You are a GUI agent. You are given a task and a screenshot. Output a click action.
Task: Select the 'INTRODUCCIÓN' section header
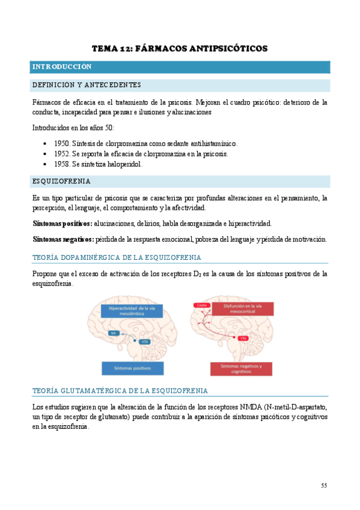[x=62, y=67]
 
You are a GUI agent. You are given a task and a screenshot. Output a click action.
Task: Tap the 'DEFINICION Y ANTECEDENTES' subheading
[x=87, y=85]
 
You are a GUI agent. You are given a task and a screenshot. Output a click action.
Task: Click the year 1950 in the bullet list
[x=62, y=144]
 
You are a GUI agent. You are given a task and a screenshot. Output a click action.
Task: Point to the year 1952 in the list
[x=62, y=153]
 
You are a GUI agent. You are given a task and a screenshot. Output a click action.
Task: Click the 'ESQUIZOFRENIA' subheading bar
[x=61, y=181]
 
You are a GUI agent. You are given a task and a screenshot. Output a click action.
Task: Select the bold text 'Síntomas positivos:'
[x=63, y=223]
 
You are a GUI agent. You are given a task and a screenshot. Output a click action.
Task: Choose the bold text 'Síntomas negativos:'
[x=63, y=239]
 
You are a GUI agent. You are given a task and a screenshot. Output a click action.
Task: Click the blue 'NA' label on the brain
[x=112, y=333]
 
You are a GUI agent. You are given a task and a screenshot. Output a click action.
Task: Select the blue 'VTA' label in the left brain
[x=144, y=342]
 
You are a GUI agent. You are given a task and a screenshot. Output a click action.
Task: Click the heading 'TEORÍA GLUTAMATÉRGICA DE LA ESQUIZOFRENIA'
[x=120, y=390]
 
